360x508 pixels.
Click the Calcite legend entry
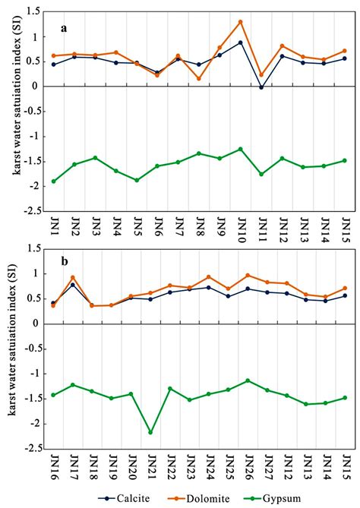133,498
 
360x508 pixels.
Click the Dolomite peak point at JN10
241,22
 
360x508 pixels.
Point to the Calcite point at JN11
261,87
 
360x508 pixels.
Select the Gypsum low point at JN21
151,432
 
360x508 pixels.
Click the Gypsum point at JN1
53,181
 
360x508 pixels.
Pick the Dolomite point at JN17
73,277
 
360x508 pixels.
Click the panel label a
65,29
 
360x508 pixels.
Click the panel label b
65,261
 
